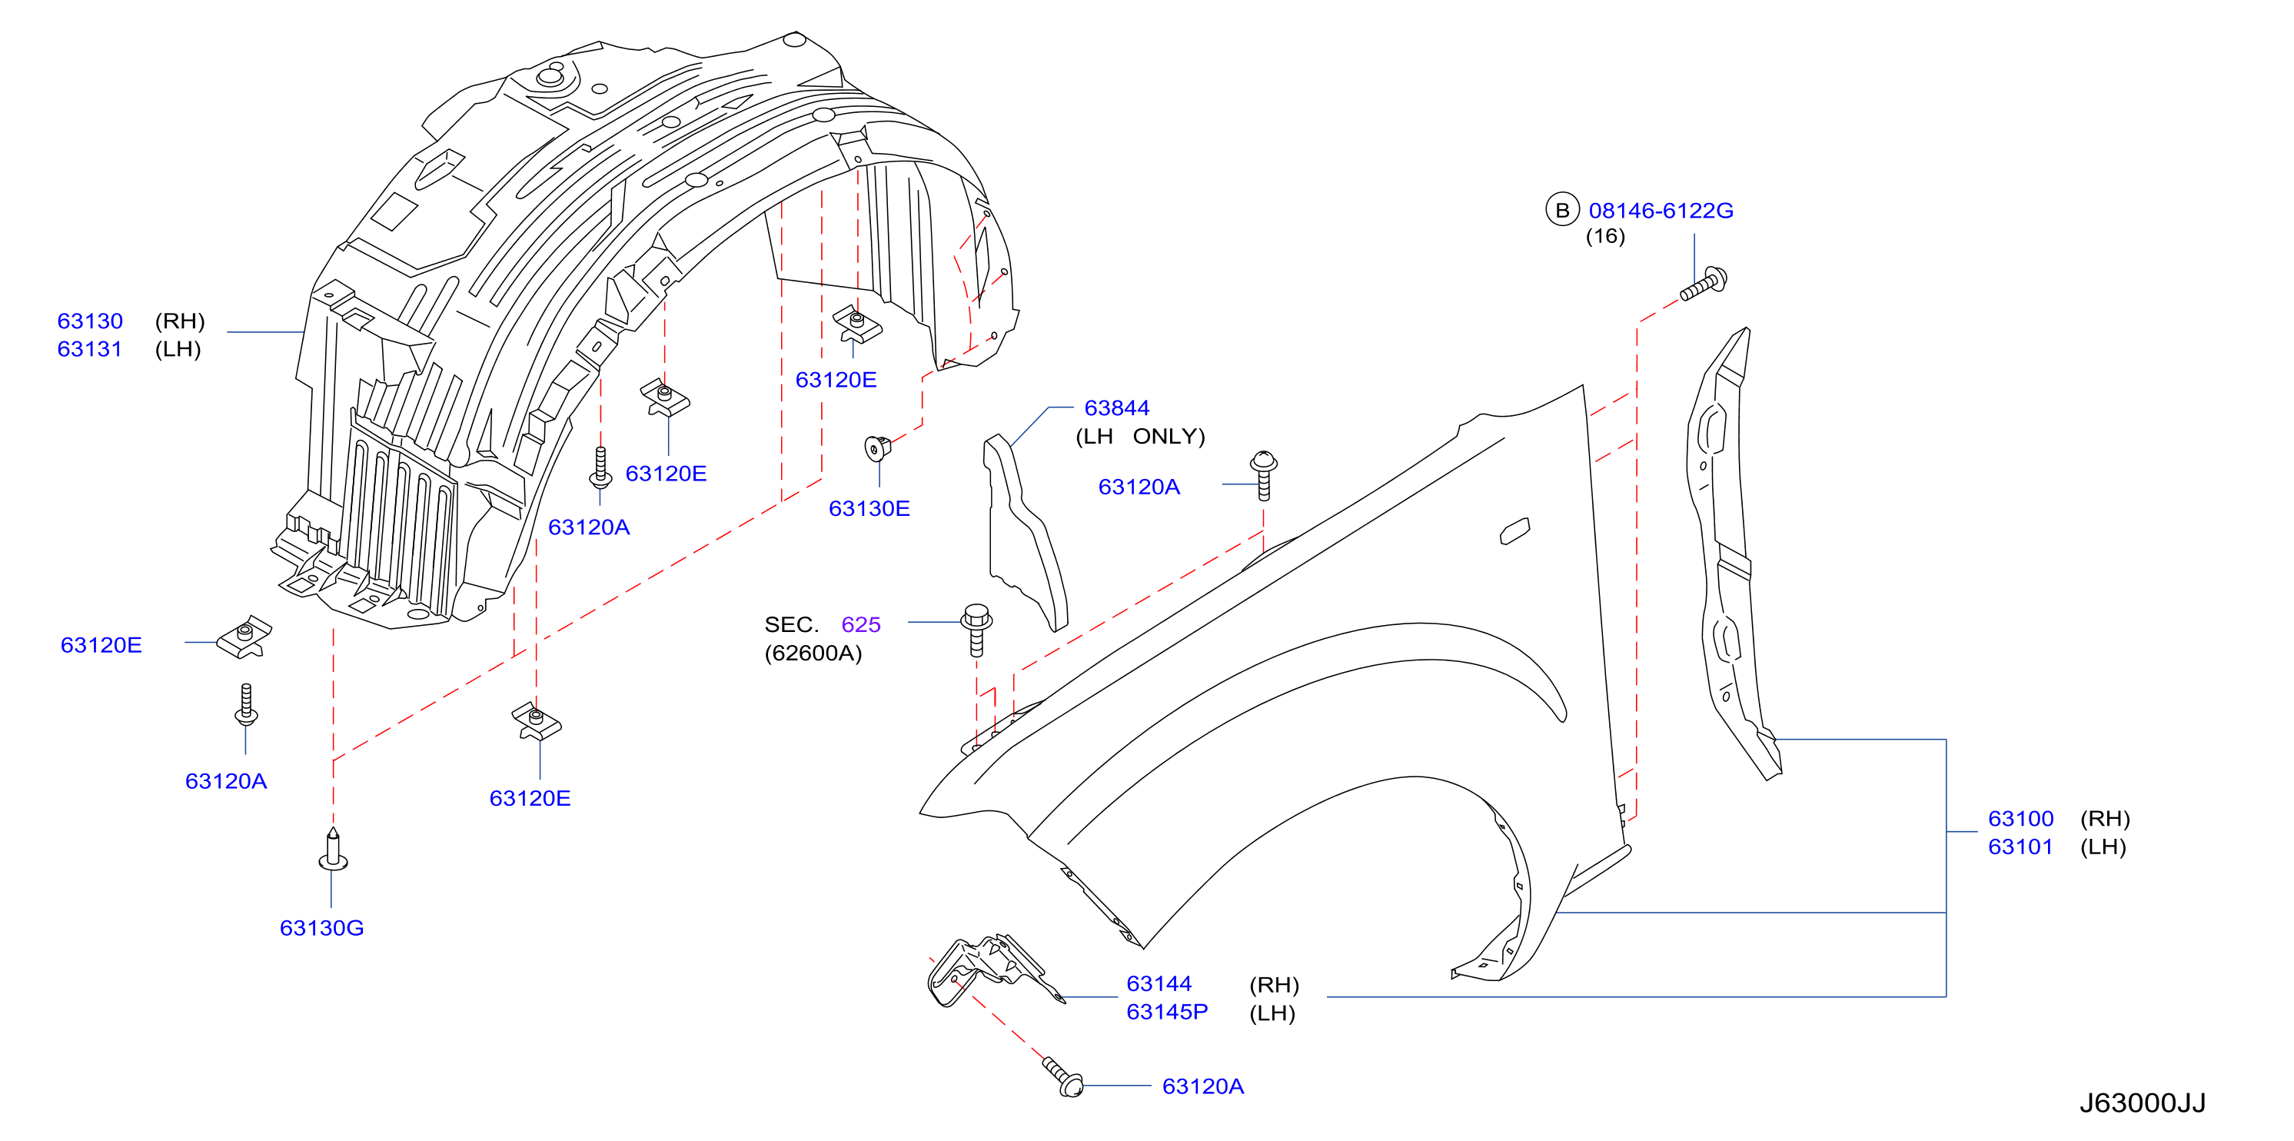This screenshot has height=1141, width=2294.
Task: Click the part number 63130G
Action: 321,928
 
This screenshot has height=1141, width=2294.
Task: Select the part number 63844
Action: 1117,408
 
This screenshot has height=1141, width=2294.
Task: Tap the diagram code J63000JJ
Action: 2143,1103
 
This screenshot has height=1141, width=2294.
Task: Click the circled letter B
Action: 1562,210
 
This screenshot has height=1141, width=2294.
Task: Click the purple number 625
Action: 861,624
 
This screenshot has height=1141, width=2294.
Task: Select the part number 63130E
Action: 869,508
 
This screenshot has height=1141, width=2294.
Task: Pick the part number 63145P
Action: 1166,1012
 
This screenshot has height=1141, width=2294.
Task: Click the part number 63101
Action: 2020,847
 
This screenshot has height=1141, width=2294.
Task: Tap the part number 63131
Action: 90,349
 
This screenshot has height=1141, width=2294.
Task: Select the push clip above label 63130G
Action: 333,850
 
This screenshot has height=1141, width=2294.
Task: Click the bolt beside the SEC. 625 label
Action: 977,630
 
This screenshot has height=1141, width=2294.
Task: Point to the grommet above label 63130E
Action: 878,447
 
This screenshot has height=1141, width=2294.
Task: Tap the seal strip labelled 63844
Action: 1024,532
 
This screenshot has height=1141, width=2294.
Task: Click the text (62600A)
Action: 813,653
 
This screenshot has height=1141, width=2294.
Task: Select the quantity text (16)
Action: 1606,236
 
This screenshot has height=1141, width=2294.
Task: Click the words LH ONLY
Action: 1140,437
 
